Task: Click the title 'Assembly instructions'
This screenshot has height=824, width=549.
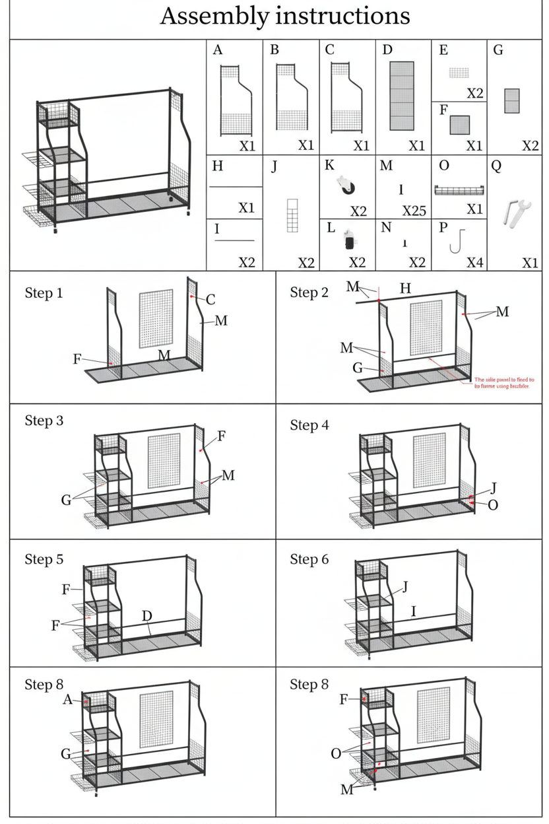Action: [284, 16]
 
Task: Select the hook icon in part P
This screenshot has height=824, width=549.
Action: [454, 240]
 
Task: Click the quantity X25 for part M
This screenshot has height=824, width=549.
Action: [414, 211]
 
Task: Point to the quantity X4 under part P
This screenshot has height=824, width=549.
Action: [474, 263]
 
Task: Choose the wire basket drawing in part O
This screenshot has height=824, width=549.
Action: [459, 191]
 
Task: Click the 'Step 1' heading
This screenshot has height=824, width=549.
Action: [44, 292]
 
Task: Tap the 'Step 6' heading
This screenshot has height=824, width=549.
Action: [309, 559]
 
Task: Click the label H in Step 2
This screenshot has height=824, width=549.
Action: [405, 288]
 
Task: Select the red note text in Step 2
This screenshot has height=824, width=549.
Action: [504, 384]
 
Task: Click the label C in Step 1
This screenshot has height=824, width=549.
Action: [210, 300]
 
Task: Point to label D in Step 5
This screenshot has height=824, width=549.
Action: [147, 616]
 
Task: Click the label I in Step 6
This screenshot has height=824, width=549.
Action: [413, 612]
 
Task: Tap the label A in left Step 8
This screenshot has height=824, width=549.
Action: [67, 699]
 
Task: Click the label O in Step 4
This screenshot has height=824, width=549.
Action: [493, 504]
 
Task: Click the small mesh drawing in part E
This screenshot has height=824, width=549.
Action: [459, 73]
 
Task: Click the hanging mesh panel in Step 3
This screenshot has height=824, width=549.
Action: [164, 460]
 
